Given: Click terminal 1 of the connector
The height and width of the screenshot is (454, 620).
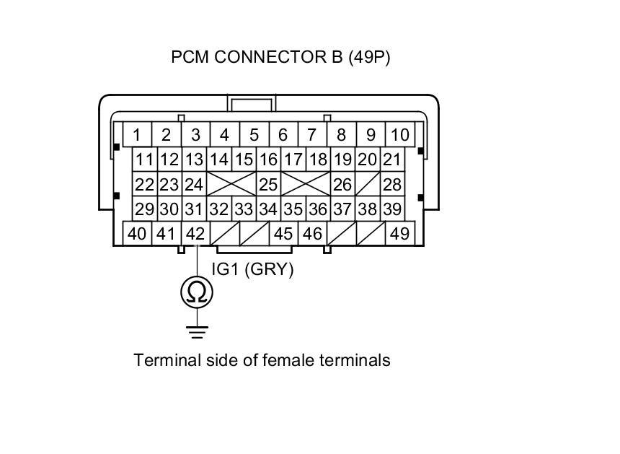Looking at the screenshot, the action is pos(137,134).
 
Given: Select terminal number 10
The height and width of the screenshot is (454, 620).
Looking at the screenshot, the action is pos(400,134).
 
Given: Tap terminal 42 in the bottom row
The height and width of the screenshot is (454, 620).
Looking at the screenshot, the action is pos(195,234).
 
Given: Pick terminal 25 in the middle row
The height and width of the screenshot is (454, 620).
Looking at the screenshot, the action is pos(268,184).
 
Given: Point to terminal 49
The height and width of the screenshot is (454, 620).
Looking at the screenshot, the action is pos(400,234).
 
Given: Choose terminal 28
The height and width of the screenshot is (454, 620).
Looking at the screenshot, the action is pos(392,184).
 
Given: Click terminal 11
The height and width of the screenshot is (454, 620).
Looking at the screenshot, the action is pos(145,160).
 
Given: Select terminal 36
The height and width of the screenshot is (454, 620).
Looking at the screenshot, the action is pos(318,209).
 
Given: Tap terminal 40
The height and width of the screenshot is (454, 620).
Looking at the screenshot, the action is pos(137,234).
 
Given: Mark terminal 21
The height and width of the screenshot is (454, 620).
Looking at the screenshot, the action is pos(392,160).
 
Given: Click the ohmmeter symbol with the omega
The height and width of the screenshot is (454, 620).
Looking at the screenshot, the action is pos(197,292).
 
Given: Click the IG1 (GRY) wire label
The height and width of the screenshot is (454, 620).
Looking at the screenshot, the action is pos(252,269).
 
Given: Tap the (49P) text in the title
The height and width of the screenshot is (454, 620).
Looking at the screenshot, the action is pos(369,58).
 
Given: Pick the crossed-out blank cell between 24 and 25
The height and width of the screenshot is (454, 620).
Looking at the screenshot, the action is pos(231,184).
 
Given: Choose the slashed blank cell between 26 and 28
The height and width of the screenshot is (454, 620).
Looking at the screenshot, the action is pos(368,184).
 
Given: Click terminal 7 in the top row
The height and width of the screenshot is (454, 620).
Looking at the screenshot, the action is pos(312,134).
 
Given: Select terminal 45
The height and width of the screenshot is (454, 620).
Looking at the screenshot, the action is pos(283,234).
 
